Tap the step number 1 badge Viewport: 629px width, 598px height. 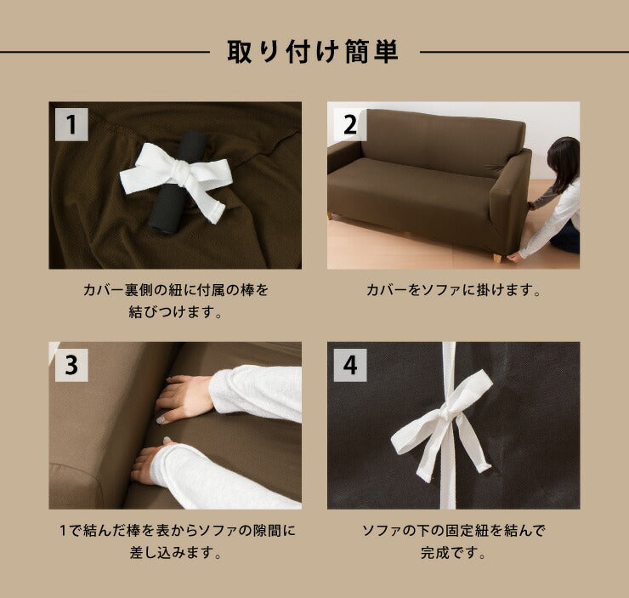tap(72, 124)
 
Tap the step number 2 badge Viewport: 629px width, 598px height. tap(349, 124)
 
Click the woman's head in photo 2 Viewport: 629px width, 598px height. tap(563, 159)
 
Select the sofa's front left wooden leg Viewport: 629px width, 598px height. tap(331, 216)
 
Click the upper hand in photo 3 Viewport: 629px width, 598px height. tap(187, 396)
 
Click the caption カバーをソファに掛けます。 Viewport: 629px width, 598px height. tap(453, 291)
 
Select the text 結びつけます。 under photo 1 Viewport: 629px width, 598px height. tap(174, 312)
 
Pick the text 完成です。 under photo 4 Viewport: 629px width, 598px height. tap(453, 553)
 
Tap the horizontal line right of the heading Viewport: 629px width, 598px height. tap(523, 53)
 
